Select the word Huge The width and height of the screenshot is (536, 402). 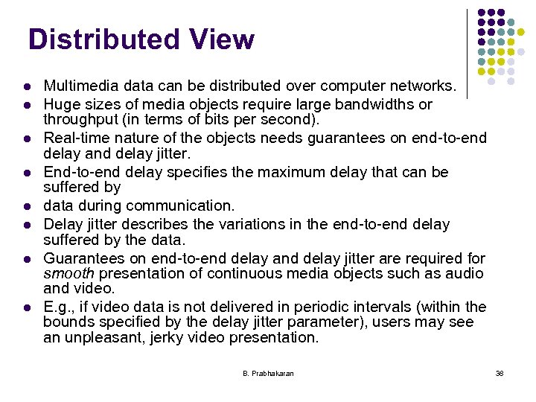click(x=60, y=104)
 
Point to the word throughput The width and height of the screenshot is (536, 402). click(x=78, y=120)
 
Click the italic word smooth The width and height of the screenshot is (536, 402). click(x=68, y=273)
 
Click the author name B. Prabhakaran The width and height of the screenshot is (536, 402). click(x=268, y=373)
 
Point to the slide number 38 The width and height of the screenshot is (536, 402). click(x=500, y=373)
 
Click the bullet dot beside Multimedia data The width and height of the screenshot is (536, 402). click(x=28, y=87)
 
